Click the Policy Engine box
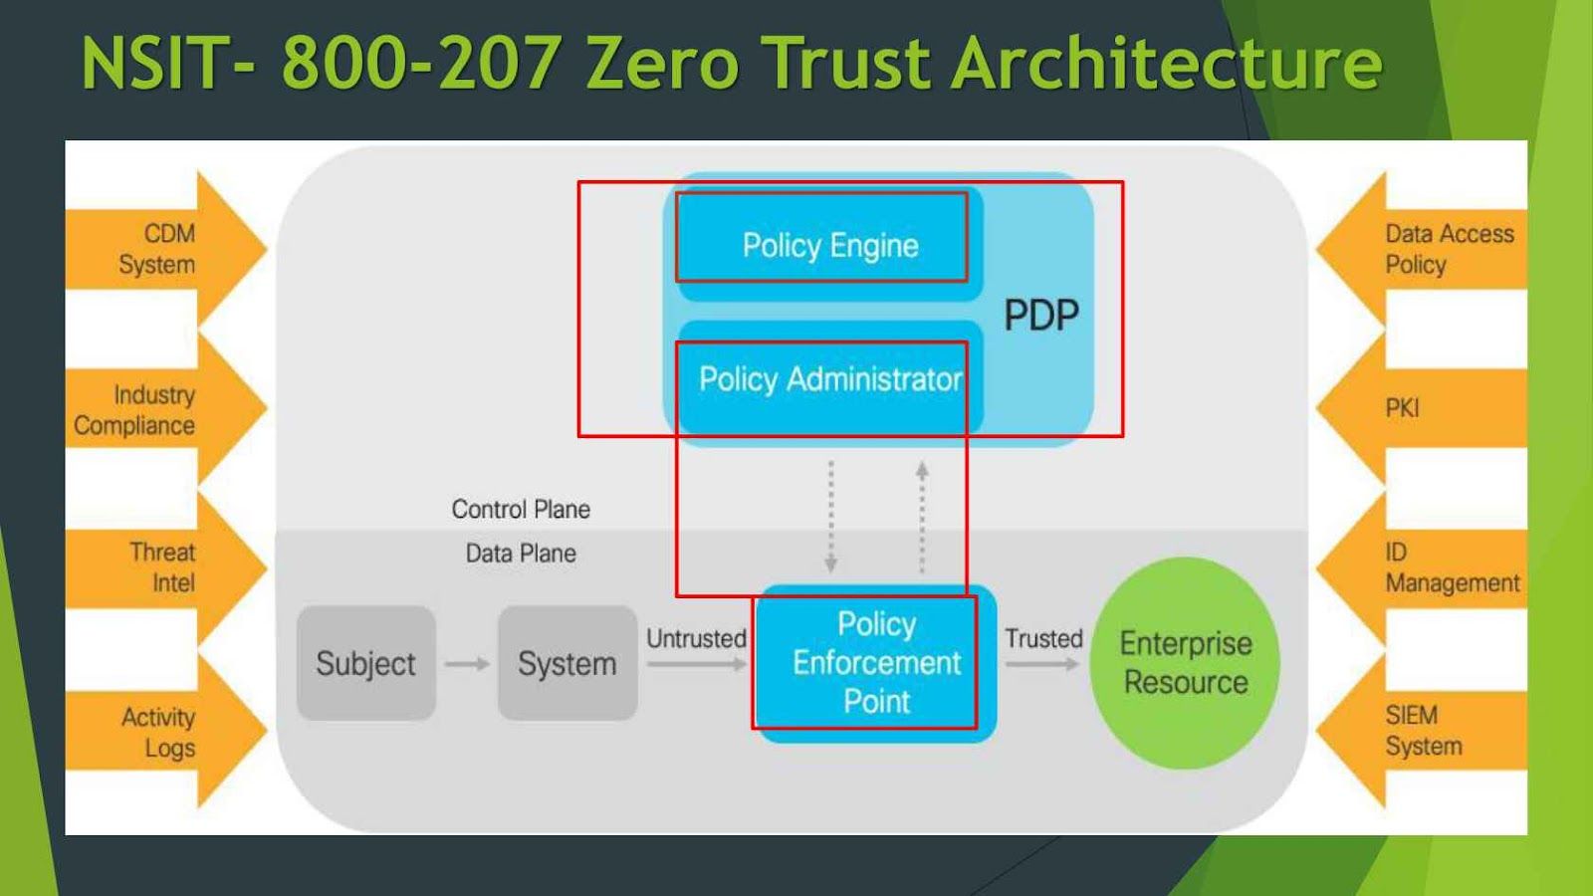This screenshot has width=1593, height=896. pyautogui.click(x=829, y=245)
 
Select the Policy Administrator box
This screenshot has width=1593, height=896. pyautogui.click(x=829, y=379)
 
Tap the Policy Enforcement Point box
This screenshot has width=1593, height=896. pyautogui.click(x=876, y=663)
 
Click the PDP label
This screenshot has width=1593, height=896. pyautogui.click(x=1040, y=316)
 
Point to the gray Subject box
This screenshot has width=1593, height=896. pyautogui.click(x=365, y=664)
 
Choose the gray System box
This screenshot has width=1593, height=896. pyautogui.click(x=567, y=664)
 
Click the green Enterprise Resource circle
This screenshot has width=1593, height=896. pyautogui.click(x=1185, y=663)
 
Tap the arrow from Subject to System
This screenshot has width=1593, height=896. pyautogui.click(x=467, y=664)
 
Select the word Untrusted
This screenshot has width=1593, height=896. pyautogui.click(x=696, y=639)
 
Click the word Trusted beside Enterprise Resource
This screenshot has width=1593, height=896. pyautogui.click(x=1042, y=639)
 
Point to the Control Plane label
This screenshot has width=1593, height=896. pyautogui.click(x=521, y=510)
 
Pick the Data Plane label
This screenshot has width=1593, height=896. pyautogui.click(x=521, y=554)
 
